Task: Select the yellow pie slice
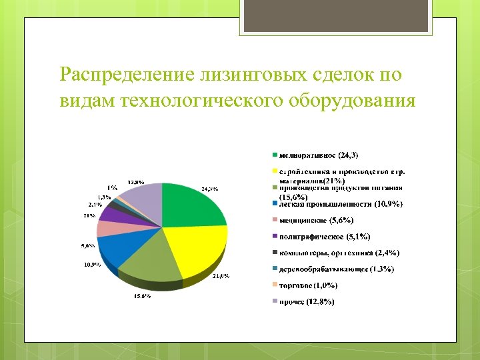tap(197, 247)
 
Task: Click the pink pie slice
tap(108, 228)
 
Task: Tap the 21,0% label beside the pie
tap(221, 276)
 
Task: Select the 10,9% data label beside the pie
tap(91, 265)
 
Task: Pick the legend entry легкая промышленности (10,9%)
tap(340, 204)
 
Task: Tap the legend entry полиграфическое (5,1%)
tap(323, 237)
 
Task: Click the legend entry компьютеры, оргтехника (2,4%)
tap(339, 253)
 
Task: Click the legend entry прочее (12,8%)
tap(307, 302)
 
